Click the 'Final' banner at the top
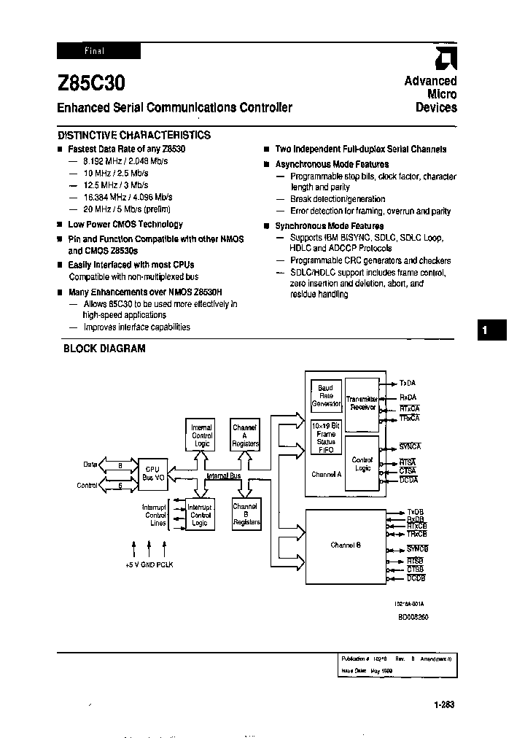pos(98,51)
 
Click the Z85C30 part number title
pos(85,83)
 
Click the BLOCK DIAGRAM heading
pos(104,349)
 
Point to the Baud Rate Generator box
pos(326,395)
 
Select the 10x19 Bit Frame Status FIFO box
pos(326,437)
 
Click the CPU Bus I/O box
pos(153,473)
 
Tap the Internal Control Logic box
pos(201,435)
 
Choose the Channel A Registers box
pos(244,435)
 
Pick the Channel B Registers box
pos(244,514)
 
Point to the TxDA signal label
pos(408,383)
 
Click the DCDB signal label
pos(416,578)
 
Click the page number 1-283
pos(443,704)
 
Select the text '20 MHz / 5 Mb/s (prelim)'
pos(119,209)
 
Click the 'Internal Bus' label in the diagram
pos(223,475)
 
